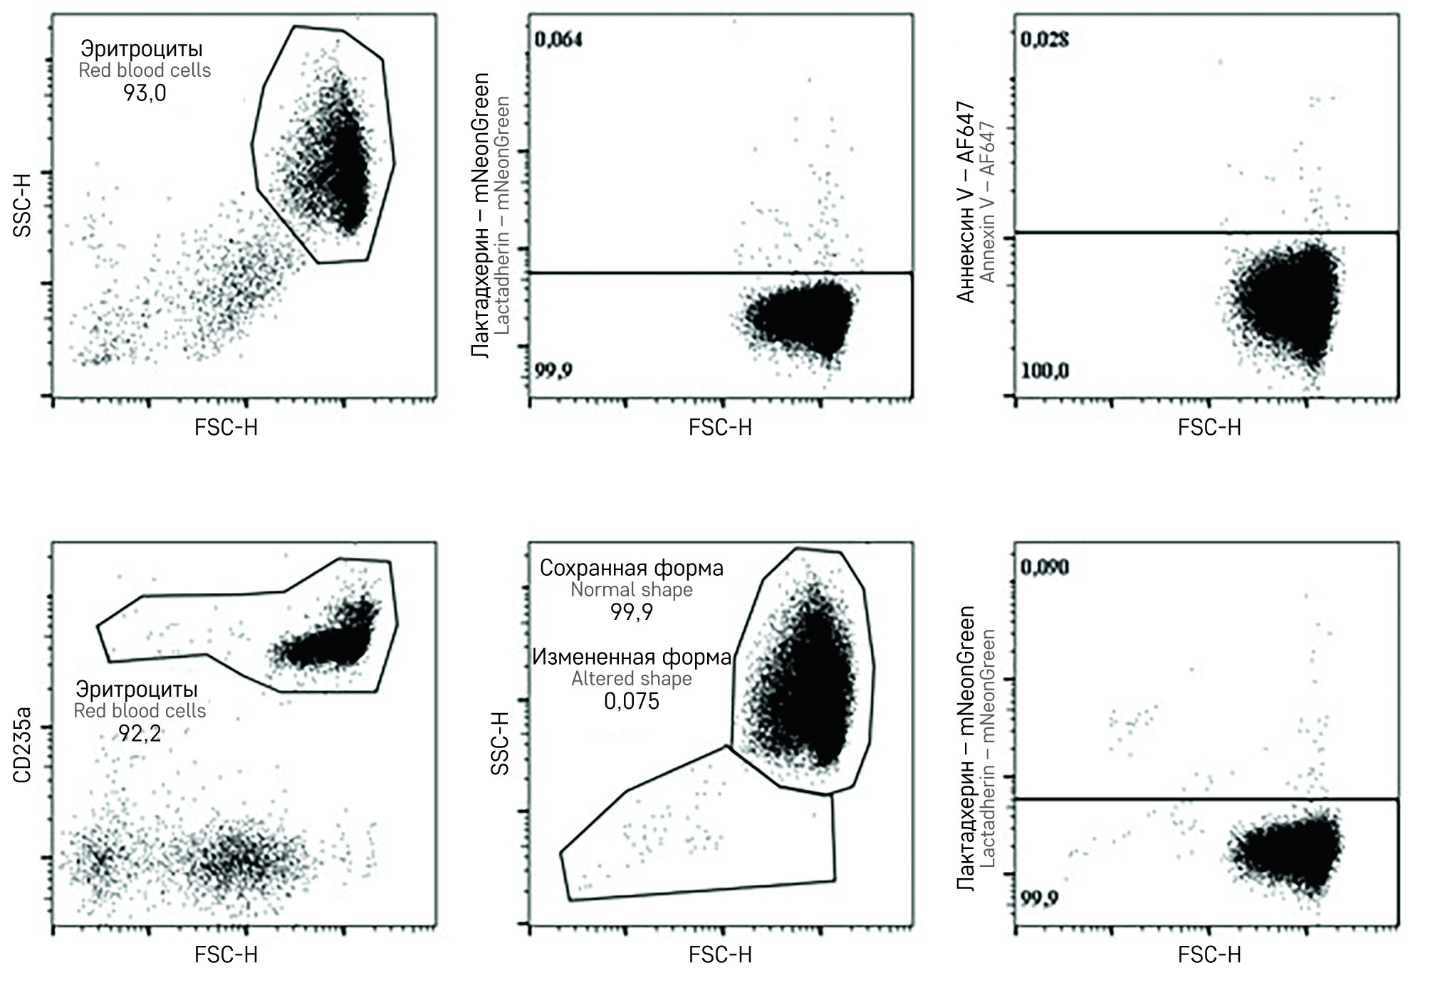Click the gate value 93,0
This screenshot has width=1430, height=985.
tap(145, 93)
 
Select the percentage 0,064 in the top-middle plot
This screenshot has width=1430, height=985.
tap(558, 38)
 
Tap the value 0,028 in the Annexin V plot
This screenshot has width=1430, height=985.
tap(1045, 39)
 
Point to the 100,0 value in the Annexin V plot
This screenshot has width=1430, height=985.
tap(1045, 371)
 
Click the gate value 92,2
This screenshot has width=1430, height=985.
tap(140, 733)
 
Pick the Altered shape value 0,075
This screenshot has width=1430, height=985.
tap(632, 701)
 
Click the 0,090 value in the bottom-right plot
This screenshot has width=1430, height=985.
tap(1045, 567)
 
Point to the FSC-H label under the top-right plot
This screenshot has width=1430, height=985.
tap(1209, 428)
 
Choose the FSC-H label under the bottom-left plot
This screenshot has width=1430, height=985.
tap(226, 955)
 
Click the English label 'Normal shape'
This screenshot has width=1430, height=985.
tap(632, 590)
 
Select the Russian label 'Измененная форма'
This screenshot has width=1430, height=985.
tap(632, 657)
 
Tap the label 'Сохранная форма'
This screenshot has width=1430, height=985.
tap(632, 568)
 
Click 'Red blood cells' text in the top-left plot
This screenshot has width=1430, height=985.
tap(145, 70)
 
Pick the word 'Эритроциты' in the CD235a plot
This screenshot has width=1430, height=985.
tap(137, 689)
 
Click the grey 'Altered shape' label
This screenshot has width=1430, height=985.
tap(632, 679)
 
